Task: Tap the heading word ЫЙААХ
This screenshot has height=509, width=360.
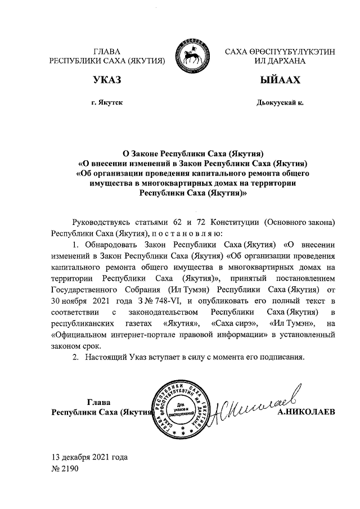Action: point(280,81)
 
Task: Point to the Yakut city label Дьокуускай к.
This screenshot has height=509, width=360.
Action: point(280,103)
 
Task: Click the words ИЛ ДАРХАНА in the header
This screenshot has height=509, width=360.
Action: point(280,61)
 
